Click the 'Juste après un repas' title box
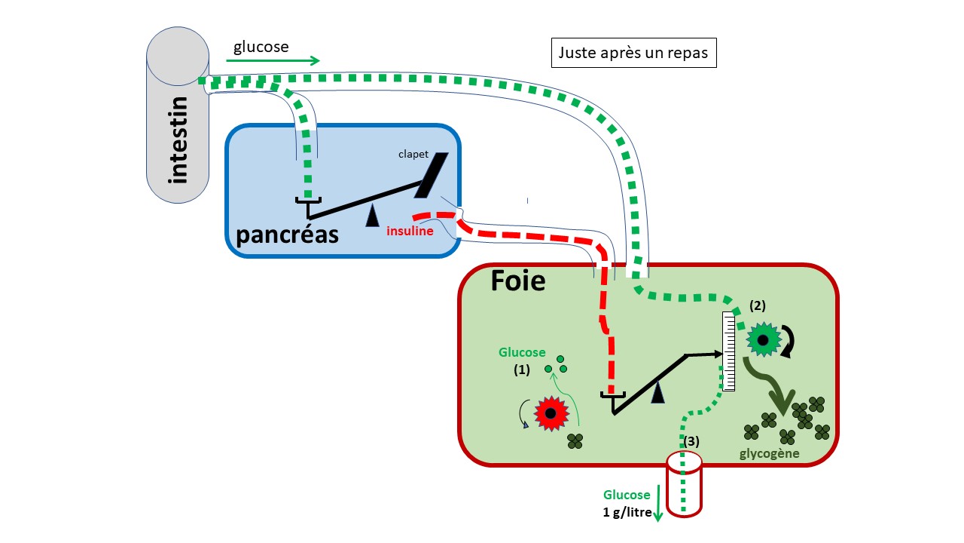[634, 54]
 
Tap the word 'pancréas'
[288, 235]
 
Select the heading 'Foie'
[518, 281]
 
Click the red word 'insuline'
[410, 231]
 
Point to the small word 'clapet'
[413, 155]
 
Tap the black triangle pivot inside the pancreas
[372, 217]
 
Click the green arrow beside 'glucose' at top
[273, 61]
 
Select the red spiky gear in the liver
[551, 413]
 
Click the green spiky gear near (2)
[762, 340]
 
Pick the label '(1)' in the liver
[523, 370]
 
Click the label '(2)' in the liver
[758, 305]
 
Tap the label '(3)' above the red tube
[691, 440]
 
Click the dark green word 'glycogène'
[768, 453]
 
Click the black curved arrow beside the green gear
[790, 340]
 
